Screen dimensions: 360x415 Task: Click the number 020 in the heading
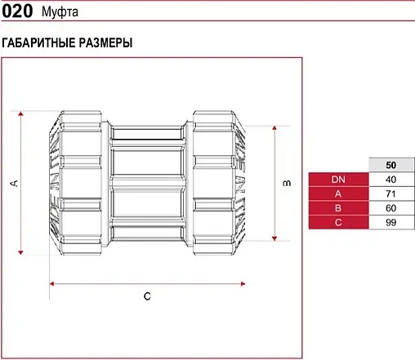point(17,12)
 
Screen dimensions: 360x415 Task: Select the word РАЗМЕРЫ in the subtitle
point(105,42)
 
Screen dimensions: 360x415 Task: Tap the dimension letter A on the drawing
point(13,184)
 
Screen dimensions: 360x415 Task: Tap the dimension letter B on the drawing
point(286,184)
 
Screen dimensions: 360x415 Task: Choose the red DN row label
point(338,180)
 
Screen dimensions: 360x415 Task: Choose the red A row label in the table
point(338,193)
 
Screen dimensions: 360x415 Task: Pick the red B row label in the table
point(338,207)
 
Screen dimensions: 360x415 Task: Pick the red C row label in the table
point(338,221)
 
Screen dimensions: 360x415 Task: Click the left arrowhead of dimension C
point(53,283)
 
